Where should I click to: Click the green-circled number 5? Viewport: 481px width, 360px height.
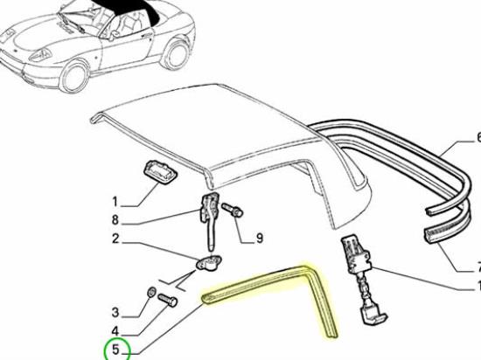pos(115,350)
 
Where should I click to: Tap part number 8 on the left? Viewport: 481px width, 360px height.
pos(115,219)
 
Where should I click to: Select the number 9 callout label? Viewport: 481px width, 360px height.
pos(258,236)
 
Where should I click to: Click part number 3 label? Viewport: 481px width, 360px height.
pos(115,312)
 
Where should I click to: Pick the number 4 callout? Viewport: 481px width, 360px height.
pos(115,331)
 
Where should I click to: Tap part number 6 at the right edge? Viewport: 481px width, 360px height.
pos(476,137)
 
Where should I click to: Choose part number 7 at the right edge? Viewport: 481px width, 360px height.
pos(476,267)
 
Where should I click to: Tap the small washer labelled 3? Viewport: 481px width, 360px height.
pos(151,293)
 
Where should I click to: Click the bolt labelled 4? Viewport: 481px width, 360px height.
pos(170,300)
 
